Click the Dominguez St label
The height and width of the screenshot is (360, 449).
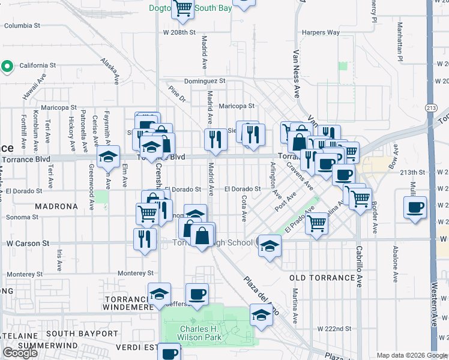point(205,80)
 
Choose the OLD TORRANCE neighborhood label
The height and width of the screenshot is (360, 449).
point(322,278)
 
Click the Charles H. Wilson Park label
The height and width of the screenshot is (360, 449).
point(200,332)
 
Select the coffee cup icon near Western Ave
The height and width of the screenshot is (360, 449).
point(415,208)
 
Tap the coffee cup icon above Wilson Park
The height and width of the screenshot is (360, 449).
point(196,294)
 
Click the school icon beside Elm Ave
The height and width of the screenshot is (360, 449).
point(108,157)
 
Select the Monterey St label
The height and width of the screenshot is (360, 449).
point(136,273)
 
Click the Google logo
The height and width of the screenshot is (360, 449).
point(20,353)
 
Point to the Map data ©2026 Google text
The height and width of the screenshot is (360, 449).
point(411,356)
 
